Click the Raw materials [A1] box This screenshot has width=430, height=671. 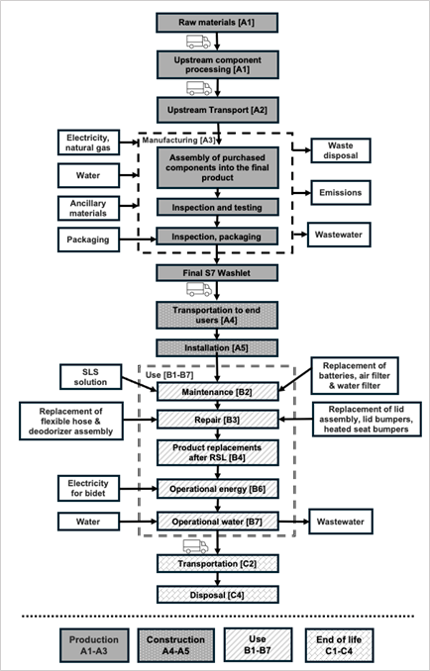coord(217,22)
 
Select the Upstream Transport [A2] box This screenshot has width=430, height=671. coord(217,110)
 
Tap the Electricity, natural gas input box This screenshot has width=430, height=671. coord(88,143)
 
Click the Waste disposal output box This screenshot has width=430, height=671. coord(341,150)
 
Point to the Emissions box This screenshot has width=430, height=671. coord(341,193)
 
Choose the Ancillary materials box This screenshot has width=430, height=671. coord(88,207)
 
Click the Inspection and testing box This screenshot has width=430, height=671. coord(217,208)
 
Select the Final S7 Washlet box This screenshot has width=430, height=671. coord(217,272)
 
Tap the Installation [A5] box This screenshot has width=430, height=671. coord(217,348)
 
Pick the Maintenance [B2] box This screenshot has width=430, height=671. coord(217,392)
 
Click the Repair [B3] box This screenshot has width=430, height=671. coord(217,420)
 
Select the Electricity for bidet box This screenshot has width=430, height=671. coord(88,488)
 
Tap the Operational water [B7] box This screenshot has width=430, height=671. coord(217,522)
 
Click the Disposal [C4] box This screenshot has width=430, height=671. coord(217,595)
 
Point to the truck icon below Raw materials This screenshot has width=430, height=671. coord(198,42)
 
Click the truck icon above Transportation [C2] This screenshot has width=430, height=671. coord(196,546)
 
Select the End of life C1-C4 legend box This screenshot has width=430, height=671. coord(339,645)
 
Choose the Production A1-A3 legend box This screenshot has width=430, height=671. coord(94,645)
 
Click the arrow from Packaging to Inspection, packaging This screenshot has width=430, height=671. coord(138,240)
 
